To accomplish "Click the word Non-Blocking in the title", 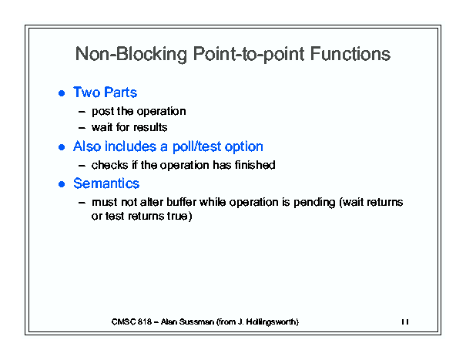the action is click(x=131, y=54).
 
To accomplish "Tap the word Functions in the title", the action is click(x=350, y=54).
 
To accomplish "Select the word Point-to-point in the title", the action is click(x=249, y=55).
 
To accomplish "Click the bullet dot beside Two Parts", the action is click(x=62, y=93).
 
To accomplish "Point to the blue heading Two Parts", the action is click(x=105, y=93).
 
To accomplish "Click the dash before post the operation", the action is click(x=82, y=112).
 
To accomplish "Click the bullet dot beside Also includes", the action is click(x=62, y=147).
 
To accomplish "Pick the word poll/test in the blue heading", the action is click(x=196, y=146).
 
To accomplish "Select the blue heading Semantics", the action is click(x=106, y=183).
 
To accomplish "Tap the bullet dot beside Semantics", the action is click(x=62, y=184).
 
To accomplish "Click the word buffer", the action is click(x=181, y=202).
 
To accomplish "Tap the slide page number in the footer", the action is click(x=405, y=321).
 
